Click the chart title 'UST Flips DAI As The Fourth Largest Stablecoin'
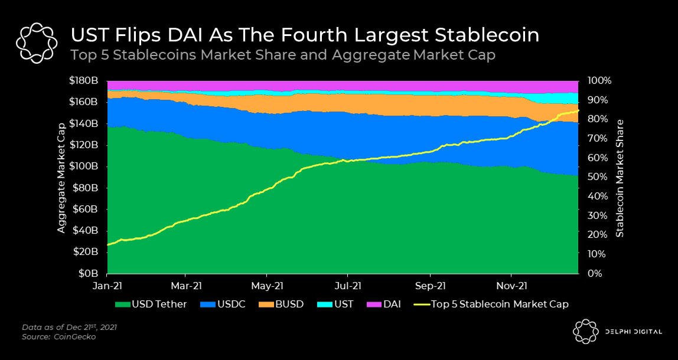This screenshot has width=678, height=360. point(305,35)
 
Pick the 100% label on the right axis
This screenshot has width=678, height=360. point(599,81)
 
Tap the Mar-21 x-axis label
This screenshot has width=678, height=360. point(185,286)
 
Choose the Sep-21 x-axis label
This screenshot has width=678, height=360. point(430,286)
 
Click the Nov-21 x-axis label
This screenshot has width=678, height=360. point(511,286)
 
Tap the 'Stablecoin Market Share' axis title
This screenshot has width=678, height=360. point(620,177)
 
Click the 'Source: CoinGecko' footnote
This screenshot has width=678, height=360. point(60,337)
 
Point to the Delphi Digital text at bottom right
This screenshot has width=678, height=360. point(633,332)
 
